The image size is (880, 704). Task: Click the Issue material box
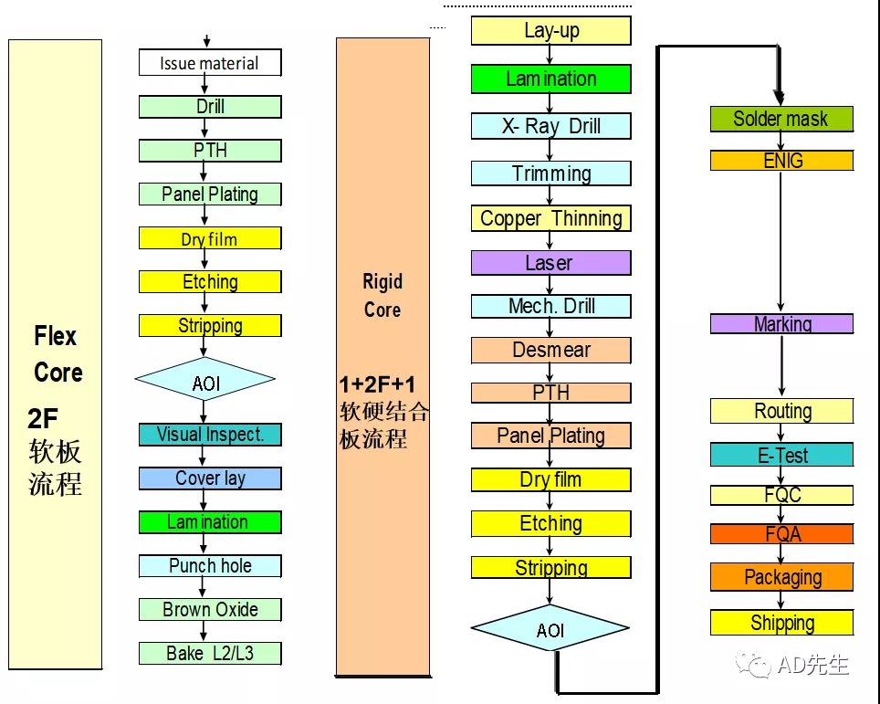pyautogui.click(x=210, y=63)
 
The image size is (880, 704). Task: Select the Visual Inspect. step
pyautogui.click(x=210, y=435)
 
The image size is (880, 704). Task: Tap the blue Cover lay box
pyautogui.click(x=210, y=478)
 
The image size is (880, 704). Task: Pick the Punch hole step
pyautogui.click(x=210, y=566)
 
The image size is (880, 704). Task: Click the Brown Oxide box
pyautogui.click(x=210, y=609)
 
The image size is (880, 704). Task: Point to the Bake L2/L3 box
pyautogui.click(x=210, y=653)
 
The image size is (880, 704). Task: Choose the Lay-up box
pyautogui.click(x=551, y=31)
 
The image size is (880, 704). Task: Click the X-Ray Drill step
pyautogui.click(x=551, y=126)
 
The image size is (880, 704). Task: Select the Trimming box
pyautogui.click(x=551, y=173)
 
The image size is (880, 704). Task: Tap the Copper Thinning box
pyautogui.click(x=551, y=218)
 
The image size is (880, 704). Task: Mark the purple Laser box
pyautogui.click(x=551, y=263)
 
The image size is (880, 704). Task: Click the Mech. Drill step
pyautogui.click(x=551, y=306)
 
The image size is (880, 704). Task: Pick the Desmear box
pyautogui.click(x=551, y=350)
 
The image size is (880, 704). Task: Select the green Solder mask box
pyautogui.click(x=781, y=119)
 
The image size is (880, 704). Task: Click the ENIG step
pyautogui.click(x=781, y=161)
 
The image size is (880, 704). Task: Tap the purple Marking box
pyautogui.click(x=781, y=324)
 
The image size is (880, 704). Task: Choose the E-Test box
pyautogui.click(x=781, y=455)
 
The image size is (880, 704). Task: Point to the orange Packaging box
pyautogui.click(x=781, y=577)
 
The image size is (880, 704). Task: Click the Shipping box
pyautogui.click(x=781, y=623)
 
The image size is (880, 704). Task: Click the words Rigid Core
pyautogui.click(x=382, y=295)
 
